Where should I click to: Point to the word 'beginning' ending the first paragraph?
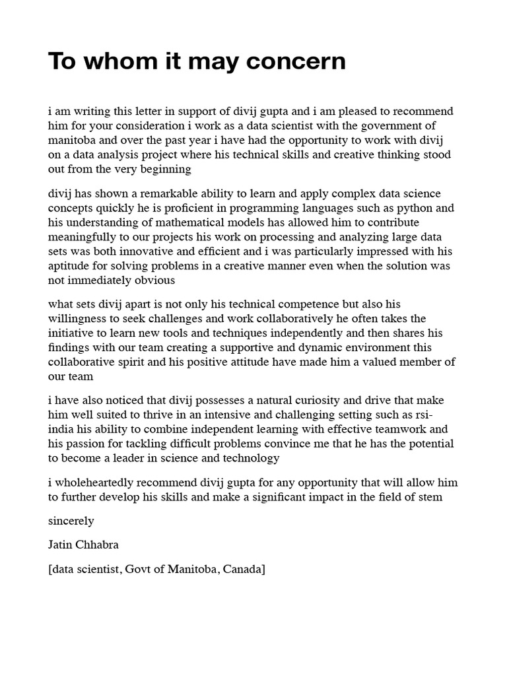[x=167, y=169]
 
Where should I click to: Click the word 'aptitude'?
[x=70, y=267]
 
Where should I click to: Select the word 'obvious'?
[x=154, y=281]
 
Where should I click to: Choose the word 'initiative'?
[x=73, y=333]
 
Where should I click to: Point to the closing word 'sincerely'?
[x=71, y=522]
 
